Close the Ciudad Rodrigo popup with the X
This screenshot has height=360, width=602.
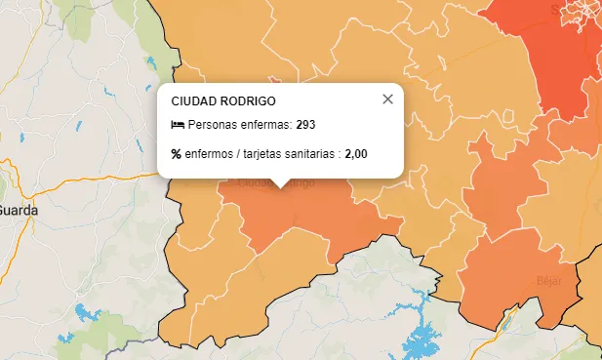pyautogui.click(x=387, y=99)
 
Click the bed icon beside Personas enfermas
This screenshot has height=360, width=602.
pyautogui.click(x=178, y=125)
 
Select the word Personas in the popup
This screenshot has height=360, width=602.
pyautogui.click(x=213, y=125)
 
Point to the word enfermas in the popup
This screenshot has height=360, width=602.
pyautogui.click(x=264, y=125)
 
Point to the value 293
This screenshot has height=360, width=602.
pyautogui.click(x=305, y=125)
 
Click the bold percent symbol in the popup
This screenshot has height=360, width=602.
pyautogui.click(x=177, y=154)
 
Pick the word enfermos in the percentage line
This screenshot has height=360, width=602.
pyautogui.click(x=209, y=154)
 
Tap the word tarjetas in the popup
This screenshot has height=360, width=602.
pyautogui.click(x=263, y=154)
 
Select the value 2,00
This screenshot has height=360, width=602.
pyautogui.click(x=356, y=154)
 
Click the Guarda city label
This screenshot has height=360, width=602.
pyautogui.click(x=18, y=210)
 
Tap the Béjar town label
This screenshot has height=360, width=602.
pyautogui.click(x=549, y=280)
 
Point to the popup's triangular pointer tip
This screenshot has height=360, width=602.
pyautogui.click(x=281, y=186)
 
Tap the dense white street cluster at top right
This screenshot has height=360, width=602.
pyautogui.click(x=583, y=14)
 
